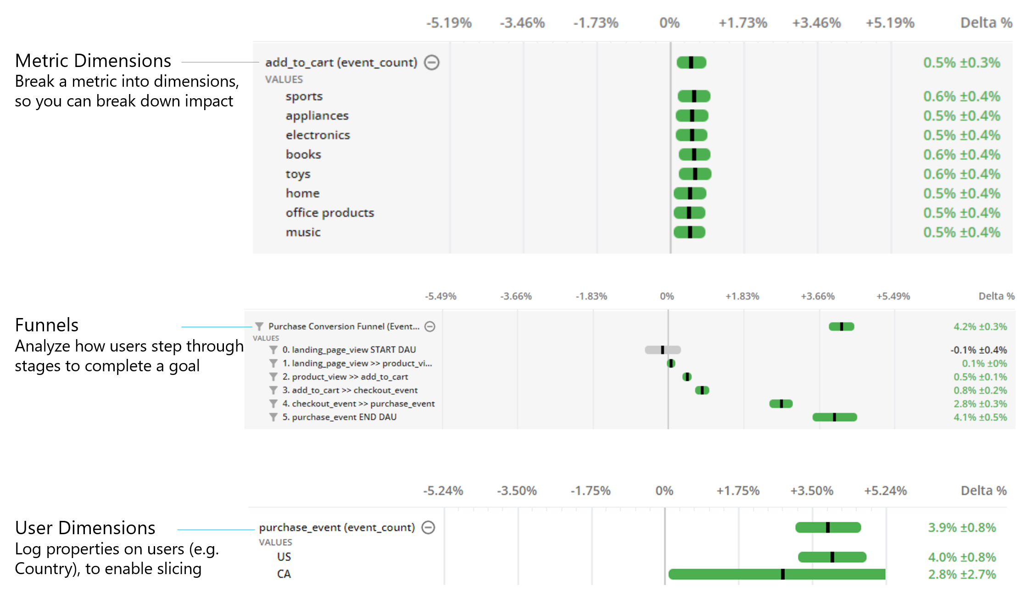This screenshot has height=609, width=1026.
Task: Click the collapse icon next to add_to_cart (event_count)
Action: click(x=431, y=62)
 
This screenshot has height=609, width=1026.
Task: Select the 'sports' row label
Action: click(x=304, y=96)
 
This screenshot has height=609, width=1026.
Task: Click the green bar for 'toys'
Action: click(x=695, y=174)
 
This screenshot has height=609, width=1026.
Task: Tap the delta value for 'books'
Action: click(x=961, y=155)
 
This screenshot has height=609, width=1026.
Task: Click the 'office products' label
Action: click(x=329, y=213)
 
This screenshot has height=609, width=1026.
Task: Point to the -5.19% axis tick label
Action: click(x=449, y=23)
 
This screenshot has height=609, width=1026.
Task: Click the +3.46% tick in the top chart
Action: click(x=816, y=23)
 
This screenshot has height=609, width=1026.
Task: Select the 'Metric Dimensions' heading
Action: click(x=93, y=61)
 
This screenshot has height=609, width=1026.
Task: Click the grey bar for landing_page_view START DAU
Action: click(x=663, y=350)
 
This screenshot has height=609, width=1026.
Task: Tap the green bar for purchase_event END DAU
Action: click(x=834, y=417)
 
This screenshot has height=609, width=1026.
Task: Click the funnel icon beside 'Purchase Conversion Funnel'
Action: click(x=259, y=326)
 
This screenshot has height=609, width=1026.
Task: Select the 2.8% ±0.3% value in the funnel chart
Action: click(x=980, y=404)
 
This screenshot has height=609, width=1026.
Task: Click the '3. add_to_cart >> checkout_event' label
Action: click(x=350, y=390)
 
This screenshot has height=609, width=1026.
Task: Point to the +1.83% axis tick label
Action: click(x=742, y=296)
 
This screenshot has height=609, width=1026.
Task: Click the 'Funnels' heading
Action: click(x=47, y=325)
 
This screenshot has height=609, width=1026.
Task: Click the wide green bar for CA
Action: click(x=776, y=574)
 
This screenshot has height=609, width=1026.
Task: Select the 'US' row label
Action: click(x=284, y=557)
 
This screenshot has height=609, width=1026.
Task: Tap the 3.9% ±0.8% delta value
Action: click(x=962, y=528)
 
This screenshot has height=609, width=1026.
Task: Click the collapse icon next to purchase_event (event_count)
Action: click(x=428, y=527)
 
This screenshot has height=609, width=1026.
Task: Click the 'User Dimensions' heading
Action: click(x=85, y=528)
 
